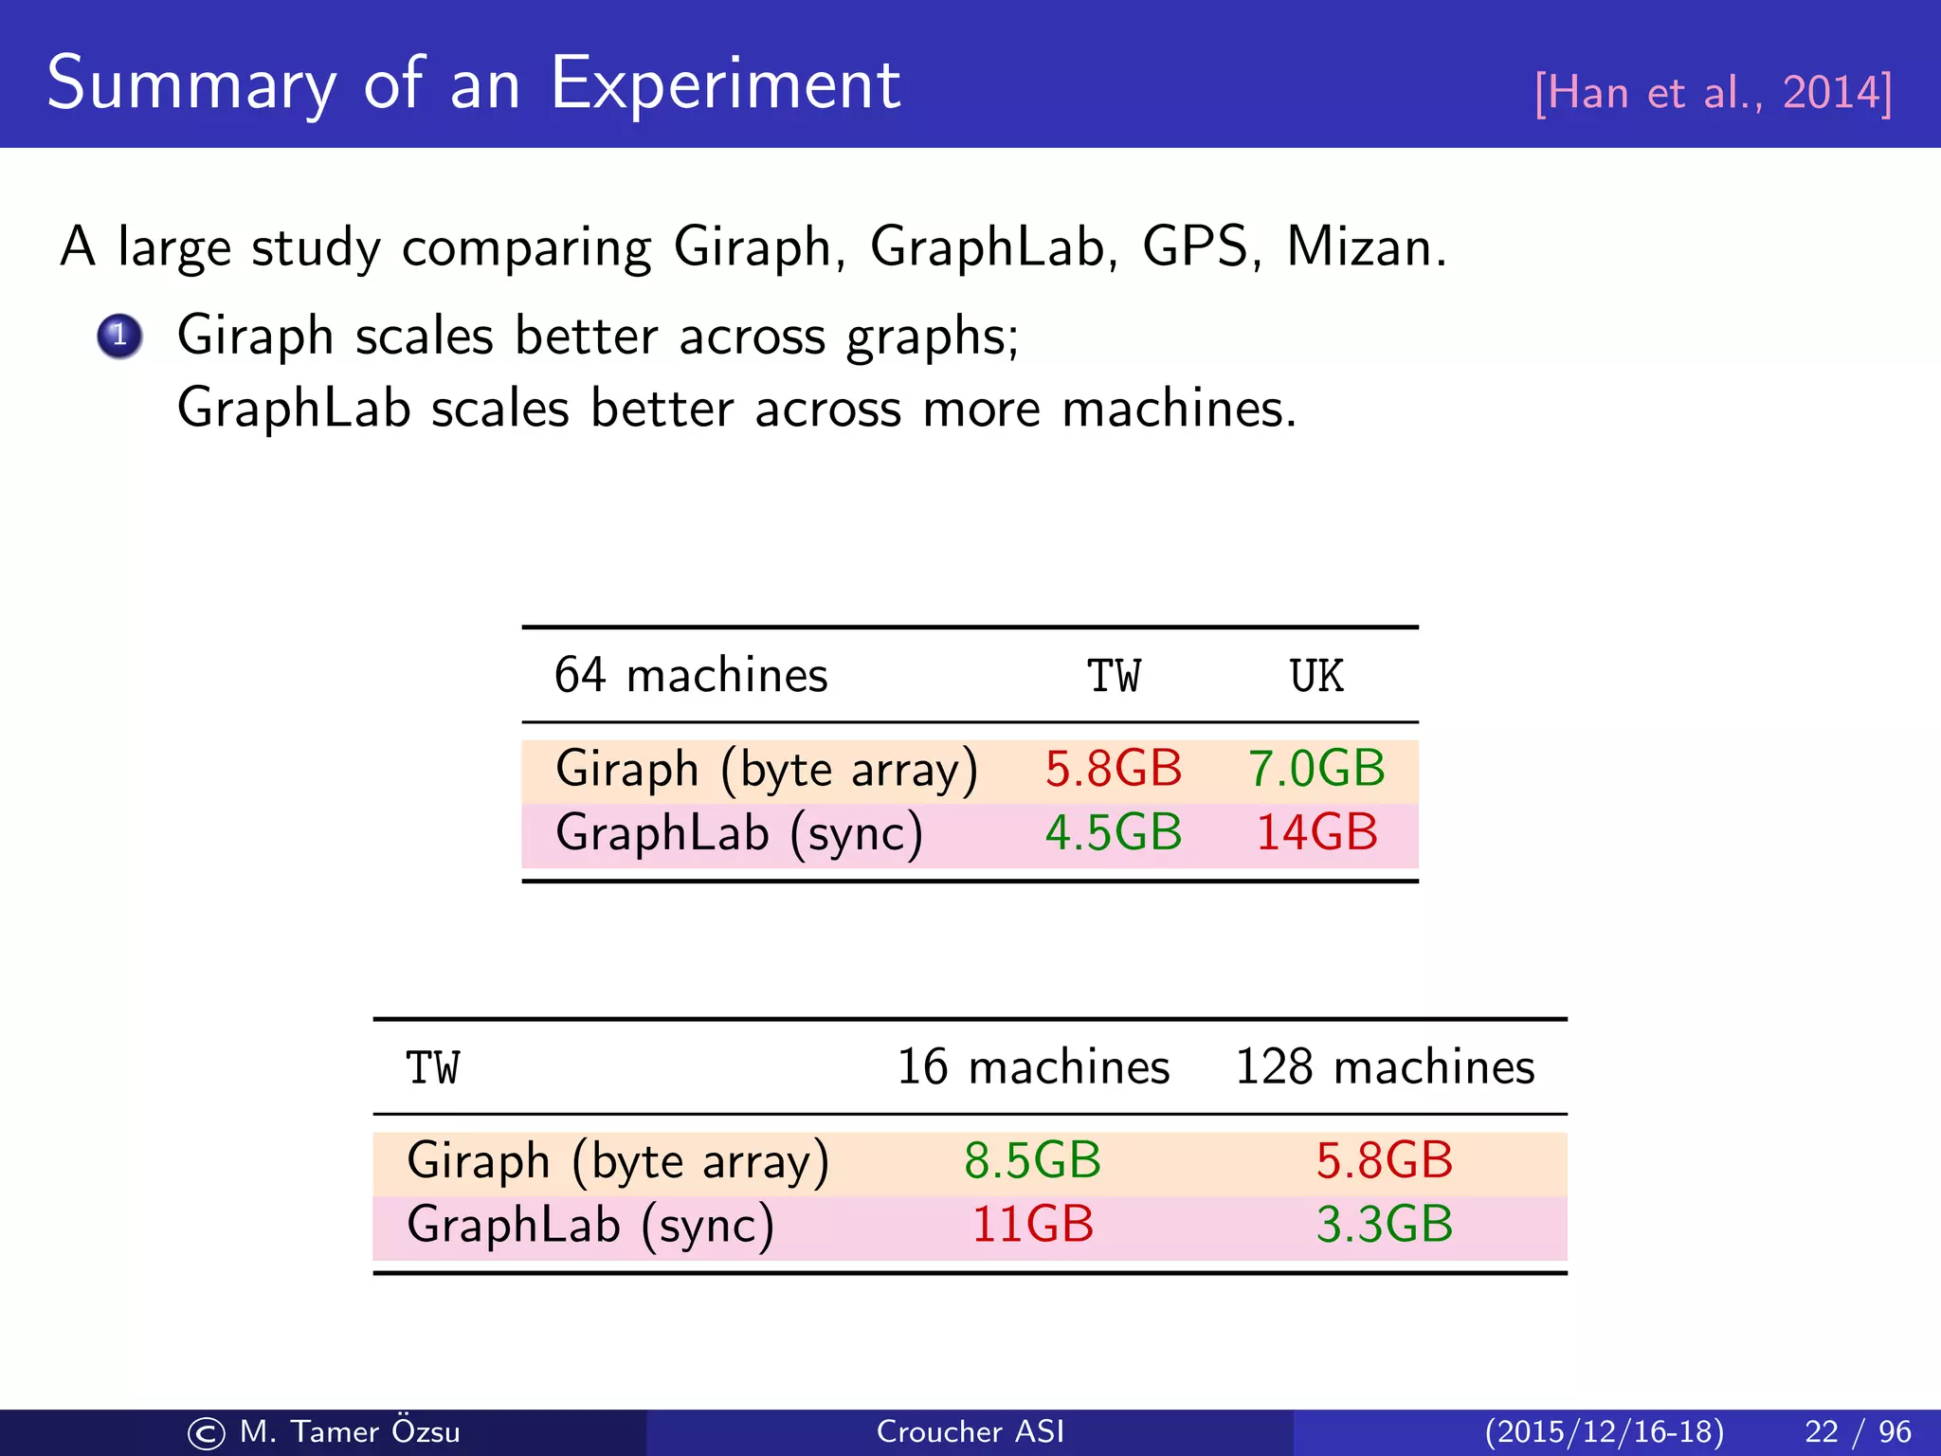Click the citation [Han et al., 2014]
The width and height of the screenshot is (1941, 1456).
[1713, 93]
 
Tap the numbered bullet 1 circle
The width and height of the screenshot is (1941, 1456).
[119, 336]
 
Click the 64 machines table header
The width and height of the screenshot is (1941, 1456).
[691, 676]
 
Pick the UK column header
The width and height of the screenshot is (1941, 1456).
[1316, 677]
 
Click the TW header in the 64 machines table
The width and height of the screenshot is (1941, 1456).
[1114, 677]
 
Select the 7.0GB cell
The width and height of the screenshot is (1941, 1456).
[1316, 768]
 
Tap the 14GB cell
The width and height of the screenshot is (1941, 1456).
[1316, 832]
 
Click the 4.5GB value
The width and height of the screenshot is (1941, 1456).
[1114, 832]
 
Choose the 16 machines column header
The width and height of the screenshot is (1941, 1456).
[1033, 1067]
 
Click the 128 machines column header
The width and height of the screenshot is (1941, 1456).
[1385, 1067]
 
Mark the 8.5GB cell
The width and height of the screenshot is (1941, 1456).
[1033, 1160]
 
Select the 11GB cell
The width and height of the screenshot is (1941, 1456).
[1033, 1224]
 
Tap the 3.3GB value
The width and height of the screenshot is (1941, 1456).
[1385, 1224]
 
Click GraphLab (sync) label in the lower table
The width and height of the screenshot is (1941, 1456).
[590, 1225]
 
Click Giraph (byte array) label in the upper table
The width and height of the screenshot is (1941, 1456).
[766, 769]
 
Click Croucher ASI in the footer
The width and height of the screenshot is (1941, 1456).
[970, 1431]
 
